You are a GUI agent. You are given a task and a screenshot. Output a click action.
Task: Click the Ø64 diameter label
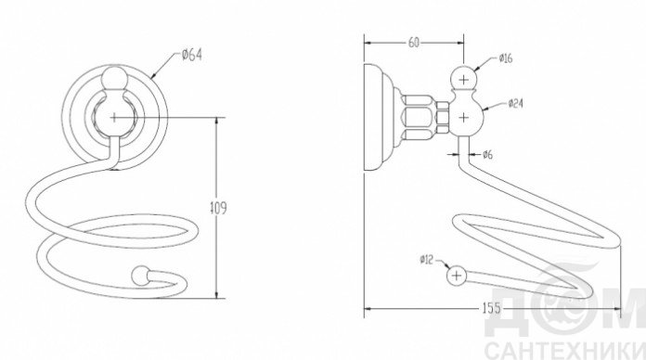pyautogui.click(x=191, y=55)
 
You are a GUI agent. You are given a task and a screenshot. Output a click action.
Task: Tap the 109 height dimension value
pyautogui.click(x=218, y=208)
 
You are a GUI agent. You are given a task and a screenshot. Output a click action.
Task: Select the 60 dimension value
pyautogui.click(x=414, y=42)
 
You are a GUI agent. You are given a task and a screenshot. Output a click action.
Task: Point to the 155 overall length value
pyautogui.click(x=492, y=308)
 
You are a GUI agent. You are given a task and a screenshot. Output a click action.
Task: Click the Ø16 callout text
pyautogui.click(x=506, y=58)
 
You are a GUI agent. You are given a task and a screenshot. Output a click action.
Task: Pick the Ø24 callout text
pyautogui.click(x=515, y=103)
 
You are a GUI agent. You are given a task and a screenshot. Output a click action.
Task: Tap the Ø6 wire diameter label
pyautogui.click(x=488, y=154)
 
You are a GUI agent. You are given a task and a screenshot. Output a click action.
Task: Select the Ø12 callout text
pyautogui.click(x=427, y=260)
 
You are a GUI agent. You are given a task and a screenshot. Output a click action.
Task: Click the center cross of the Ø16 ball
pyautogui.click(x=464, y=79)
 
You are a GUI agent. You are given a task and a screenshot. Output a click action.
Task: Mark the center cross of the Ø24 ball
pyautogui.click(x=464, y=118)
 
